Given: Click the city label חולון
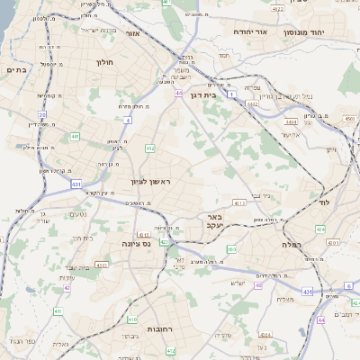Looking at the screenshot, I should (103, 62).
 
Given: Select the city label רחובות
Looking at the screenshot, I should (145, 330).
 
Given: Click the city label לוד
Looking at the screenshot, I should (325, 203).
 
